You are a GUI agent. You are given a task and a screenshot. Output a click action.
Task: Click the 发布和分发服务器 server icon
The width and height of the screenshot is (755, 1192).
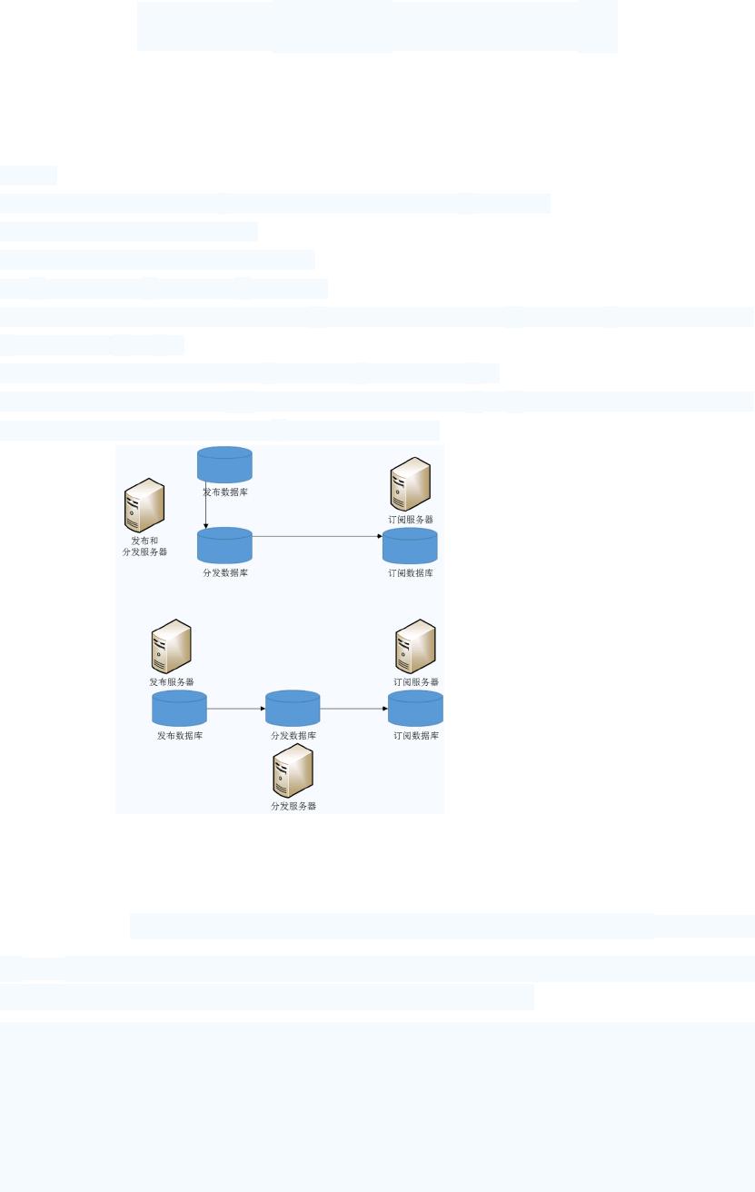[x=144, y=505]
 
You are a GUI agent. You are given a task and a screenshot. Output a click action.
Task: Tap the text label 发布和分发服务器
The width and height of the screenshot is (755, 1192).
[x=144, y=546]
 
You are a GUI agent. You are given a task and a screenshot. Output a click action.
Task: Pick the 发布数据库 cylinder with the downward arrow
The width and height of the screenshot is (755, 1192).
[x=224, y=464]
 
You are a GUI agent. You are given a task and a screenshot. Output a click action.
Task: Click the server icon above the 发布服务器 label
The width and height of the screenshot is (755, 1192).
[x=171, y=646]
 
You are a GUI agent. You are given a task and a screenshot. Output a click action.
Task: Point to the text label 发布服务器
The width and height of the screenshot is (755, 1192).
[x=171, y=681]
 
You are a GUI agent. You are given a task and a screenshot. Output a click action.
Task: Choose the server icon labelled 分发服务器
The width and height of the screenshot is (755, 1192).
[x=293, y=770]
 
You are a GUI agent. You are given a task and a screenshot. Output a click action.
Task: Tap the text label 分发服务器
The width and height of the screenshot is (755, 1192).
[x=293, y=806]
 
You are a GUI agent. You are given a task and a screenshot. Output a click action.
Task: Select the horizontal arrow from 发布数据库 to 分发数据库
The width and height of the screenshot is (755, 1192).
[x=235, y=709]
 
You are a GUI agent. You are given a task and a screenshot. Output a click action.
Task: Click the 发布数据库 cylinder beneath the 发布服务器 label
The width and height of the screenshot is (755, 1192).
[x=179, y=709]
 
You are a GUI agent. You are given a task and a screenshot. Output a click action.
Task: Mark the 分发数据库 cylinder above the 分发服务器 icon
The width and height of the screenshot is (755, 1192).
[x=293, y=709]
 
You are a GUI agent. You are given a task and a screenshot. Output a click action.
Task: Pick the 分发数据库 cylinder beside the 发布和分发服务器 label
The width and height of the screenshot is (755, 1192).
[x=224, y=545]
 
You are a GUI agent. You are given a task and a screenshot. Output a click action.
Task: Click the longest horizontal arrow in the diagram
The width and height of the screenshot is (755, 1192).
[x=316, y=536]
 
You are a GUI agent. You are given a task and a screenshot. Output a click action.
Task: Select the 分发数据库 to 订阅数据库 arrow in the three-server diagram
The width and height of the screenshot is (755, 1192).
[x=353, y=709]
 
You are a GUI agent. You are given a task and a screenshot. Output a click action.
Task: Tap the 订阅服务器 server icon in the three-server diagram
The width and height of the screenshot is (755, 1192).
[x=415, y=646]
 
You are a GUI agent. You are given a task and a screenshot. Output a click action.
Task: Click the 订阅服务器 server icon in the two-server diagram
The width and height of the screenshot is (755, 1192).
[x=410, y=484]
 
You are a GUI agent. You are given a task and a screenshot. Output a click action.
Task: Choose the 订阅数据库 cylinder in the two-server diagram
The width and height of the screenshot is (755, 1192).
[x=410, y=546]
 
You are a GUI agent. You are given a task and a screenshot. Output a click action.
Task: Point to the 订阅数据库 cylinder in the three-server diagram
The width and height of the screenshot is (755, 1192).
[x=415, y=709]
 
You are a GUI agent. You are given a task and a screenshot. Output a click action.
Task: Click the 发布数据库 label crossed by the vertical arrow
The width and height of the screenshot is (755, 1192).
[x=224, y=492]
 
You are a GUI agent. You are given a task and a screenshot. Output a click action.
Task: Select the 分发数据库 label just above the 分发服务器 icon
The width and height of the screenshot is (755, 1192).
[x=293, y=735]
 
